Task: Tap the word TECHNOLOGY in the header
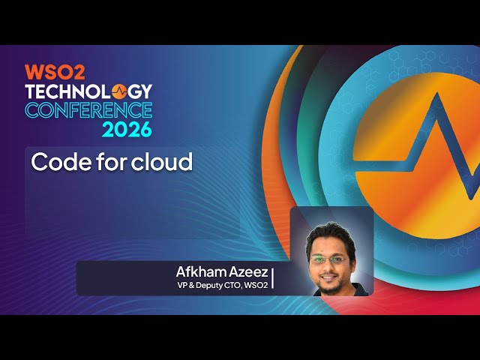[x=88, y=91]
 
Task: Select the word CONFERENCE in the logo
[x=88, y=110]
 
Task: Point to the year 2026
[x=127, y=129]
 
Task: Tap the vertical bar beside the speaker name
[x=272, y=277]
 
